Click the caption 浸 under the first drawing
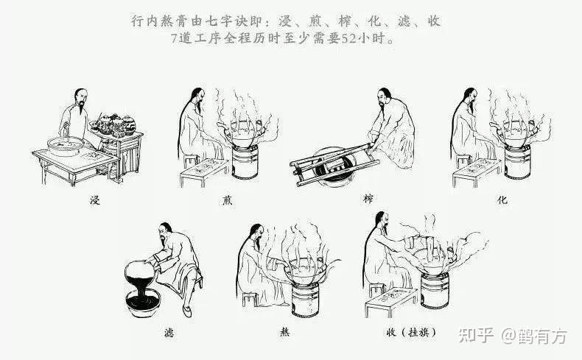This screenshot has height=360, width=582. tap(95, 200)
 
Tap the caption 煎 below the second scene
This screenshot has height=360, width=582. tap(227, 200)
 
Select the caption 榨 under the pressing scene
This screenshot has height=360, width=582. tap(368, 199)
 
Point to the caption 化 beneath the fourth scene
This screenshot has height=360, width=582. tap(502, 200)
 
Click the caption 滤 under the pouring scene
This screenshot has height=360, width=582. tap(169, 333)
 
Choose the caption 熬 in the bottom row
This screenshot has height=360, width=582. tap(285, 333)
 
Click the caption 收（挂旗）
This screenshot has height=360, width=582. tap(411, 332)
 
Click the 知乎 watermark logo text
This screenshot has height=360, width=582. tap(475, 336)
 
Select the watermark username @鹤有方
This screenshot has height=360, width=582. tap(535, 336)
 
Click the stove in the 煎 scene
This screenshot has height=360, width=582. tap(245, 162)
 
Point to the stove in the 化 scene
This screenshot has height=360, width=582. tap(517, 162)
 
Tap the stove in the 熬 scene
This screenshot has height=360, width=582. tap(305, 300)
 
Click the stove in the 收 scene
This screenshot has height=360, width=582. tap(435, 290)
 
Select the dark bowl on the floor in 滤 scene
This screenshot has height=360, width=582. tap(143, 302)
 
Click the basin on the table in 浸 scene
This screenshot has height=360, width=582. tap(66, 146)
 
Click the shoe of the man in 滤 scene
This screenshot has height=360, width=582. tap(187, 311)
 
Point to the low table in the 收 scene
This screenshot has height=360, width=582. tap(390, 302)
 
